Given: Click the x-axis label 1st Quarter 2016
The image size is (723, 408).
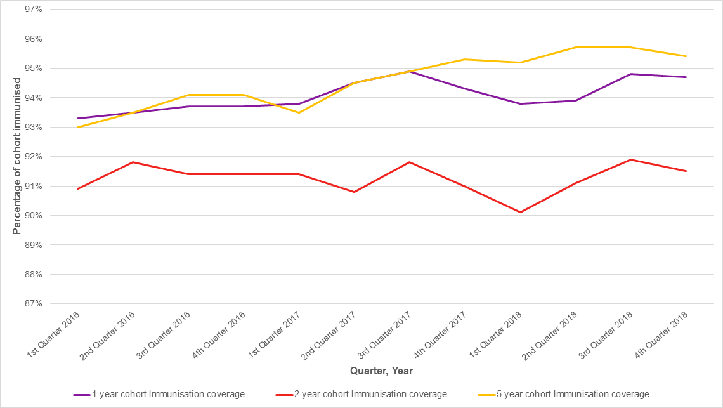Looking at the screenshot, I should (x=55, y=332).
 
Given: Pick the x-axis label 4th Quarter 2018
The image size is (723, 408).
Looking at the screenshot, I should (x=663, y=332).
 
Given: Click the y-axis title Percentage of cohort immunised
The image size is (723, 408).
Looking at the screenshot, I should (x=17, y=157).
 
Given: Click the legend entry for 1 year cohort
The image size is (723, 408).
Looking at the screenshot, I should (x=159, y=394).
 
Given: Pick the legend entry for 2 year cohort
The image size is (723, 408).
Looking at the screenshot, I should (x=361, y=394).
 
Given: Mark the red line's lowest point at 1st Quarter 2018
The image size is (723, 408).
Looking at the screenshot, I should (x=521, y=212).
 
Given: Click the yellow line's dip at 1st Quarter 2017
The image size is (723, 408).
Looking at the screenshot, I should (x=299, y=112).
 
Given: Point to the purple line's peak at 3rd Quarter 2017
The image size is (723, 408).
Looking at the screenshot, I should (x=410, y=71).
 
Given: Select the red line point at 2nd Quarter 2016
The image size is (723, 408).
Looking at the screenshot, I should (x=133, y=162).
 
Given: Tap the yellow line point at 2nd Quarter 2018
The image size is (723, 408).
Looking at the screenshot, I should (x=576, y=47).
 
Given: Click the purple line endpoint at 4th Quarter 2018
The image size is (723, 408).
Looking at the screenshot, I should (x=686, y=77).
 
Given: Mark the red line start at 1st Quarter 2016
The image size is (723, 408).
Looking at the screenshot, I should (x=78, y=188).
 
